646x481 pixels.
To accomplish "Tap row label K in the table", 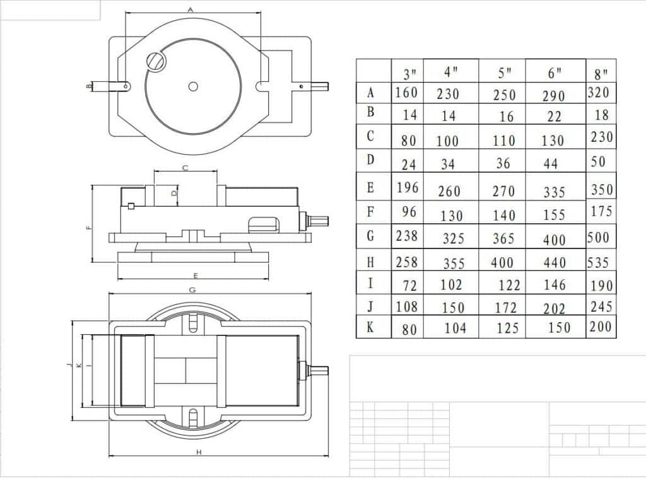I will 371,327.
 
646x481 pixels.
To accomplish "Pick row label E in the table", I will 371,187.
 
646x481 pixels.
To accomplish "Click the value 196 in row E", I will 407,187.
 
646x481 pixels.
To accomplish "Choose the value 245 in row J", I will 602,306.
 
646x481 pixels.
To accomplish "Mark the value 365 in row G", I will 503,239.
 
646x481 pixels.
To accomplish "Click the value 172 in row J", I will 505,308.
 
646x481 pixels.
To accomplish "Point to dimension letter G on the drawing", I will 192,290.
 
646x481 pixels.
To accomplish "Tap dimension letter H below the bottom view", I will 199,452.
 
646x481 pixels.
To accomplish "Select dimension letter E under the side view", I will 196,275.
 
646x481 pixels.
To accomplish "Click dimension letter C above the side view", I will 185,168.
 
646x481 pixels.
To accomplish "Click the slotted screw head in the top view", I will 156,61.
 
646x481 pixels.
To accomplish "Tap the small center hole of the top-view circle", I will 193,86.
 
